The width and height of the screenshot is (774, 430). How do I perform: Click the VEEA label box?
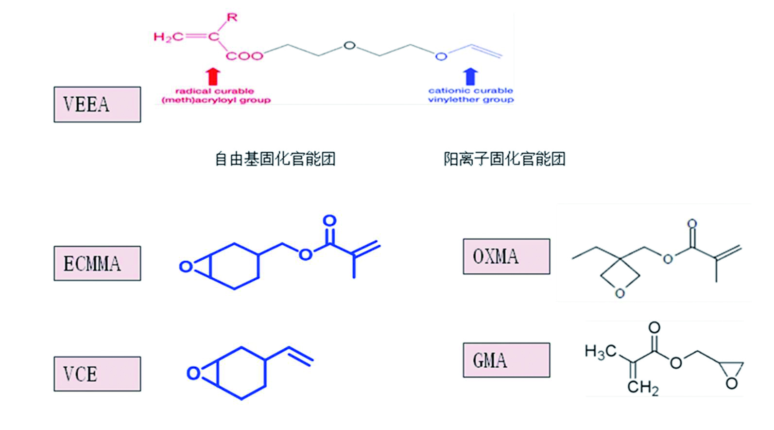coord(97,105)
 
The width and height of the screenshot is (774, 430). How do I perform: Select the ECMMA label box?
coord(97,263)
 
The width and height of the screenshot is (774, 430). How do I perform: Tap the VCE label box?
coord(97,374)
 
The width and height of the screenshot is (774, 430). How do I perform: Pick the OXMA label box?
coord(506,256)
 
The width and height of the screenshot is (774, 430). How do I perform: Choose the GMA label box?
coord(506,360)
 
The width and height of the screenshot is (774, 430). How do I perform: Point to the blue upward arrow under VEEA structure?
coord(470,76)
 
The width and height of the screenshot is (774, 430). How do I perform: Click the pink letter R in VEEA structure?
coord(232,18)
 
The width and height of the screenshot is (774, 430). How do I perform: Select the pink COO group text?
coord(244,56)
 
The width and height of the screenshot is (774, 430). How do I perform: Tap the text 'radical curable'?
coord(215,91)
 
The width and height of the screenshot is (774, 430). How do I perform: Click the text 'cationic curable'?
coord(470,90)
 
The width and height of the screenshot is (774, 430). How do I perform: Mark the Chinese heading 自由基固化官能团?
coord(275,159)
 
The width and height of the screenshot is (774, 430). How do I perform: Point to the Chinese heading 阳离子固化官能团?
coord(504,159)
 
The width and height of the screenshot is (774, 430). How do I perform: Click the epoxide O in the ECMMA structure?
coord(185,267)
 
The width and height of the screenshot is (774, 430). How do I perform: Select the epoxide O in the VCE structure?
coord(193,374)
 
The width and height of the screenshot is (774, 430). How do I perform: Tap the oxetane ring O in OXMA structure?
coord(619,293)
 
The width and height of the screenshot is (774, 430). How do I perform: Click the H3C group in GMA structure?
coord(600,351)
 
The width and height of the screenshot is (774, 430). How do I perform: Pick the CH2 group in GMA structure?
coord(643,387)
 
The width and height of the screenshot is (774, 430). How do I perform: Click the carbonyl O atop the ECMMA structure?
coord(329,221)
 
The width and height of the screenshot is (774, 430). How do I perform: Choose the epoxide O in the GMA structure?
coord(731,383)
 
